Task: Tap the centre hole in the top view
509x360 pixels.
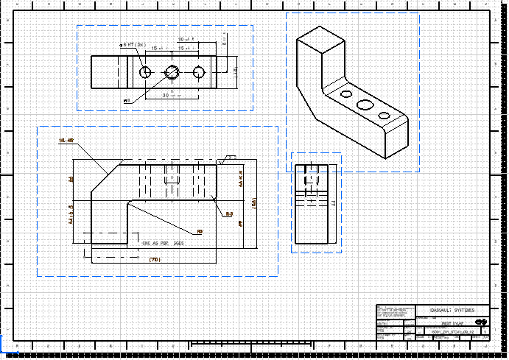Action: coord(173,71)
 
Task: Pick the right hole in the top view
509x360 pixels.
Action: coord(199,71)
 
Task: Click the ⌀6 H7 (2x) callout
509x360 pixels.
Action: coord(131,45)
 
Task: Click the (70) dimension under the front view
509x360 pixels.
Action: coord(154,260)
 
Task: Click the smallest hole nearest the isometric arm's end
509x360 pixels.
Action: coord(383,116)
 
